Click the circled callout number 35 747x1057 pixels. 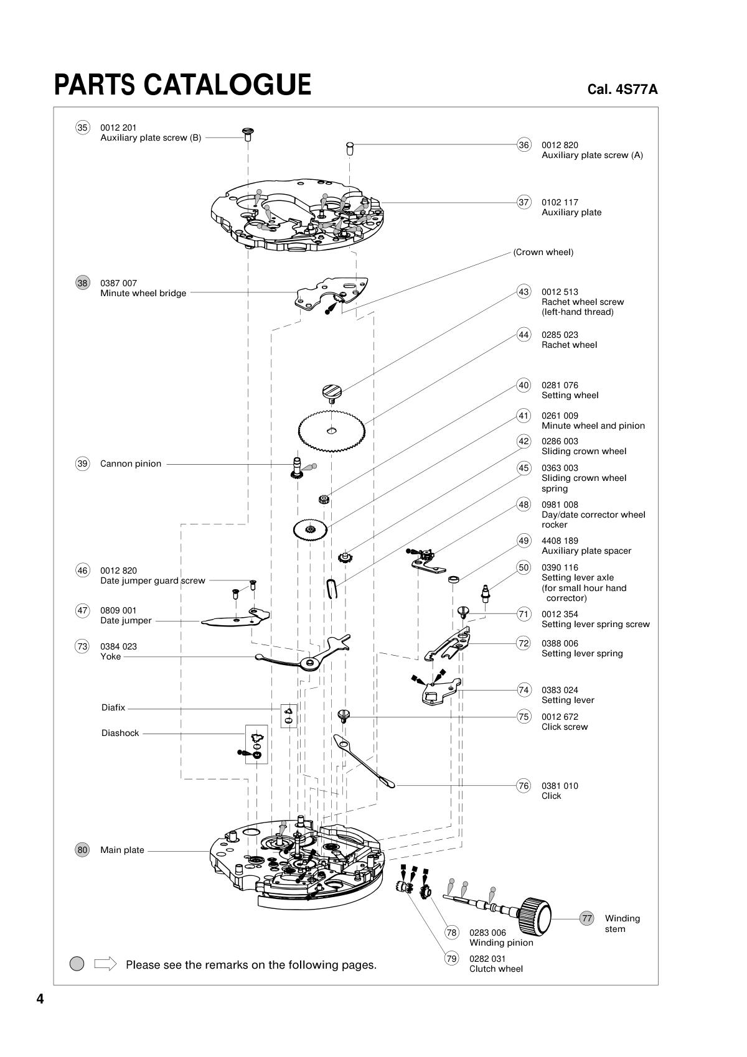click(x=82, y=128)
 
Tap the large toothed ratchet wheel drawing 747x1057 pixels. click(x=332, y=429)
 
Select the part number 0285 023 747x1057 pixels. click(x=560, y=335)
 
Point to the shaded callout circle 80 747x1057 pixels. click(x=82, y=850)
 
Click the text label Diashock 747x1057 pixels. click(x=120, y=733)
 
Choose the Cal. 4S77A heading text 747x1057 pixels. click(x=622, y=89)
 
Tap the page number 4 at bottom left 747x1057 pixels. click(x=40, y=1000)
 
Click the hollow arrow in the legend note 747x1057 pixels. click(x=105, y=964)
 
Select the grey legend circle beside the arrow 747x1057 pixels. click(x=77, y=964)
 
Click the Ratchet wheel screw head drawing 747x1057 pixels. click(x=332, y=391)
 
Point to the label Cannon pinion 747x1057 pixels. click(x=131, y=463)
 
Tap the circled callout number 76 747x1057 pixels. click(x=524, y=786)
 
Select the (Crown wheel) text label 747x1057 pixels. click(x=543, y=252)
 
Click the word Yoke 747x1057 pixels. click(x=110, y=656)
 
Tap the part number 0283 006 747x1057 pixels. click(x=487, y=933)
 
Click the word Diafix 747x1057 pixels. click(x=113, y=707)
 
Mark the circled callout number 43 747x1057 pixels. click(x=524, y=292)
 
